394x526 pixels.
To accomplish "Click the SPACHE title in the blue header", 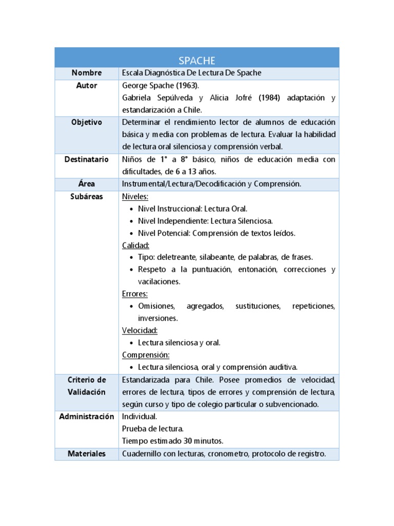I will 196,60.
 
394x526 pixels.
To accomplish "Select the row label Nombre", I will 87,73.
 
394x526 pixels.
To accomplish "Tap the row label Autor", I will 87,85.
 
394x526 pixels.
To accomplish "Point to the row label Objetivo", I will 87,122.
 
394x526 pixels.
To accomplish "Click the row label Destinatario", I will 87,159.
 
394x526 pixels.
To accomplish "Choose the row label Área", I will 87,183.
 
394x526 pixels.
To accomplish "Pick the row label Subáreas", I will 87,196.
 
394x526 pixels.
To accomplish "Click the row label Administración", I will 87,416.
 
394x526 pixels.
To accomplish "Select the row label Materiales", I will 87,454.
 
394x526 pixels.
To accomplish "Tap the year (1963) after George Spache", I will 186,86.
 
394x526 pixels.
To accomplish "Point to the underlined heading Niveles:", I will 135,196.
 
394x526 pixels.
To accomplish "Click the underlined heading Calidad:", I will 135,246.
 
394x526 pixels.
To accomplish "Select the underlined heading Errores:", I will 135,294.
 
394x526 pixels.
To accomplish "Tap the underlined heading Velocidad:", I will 140,330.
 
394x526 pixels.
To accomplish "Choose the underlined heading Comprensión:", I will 146,355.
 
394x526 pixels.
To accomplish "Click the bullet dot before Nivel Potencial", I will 131,233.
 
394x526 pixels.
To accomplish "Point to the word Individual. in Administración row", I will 140,416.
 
